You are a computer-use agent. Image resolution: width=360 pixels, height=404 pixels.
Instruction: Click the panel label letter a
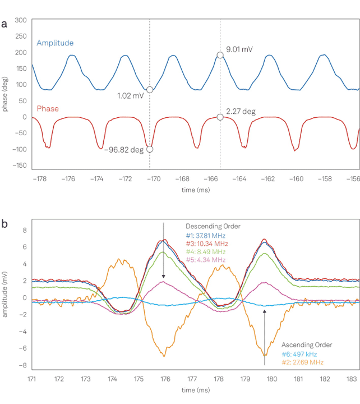point(4,24)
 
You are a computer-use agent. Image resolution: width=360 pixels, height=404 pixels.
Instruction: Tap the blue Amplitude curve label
point(55,43)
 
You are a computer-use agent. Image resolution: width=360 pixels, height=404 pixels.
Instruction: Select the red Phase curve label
point(48,108)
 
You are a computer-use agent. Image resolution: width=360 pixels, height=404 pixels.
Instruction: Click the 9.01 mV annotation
point(239,49)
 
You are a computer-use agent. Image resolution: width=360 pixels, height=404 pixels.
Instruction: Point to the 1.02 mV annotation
point(130,96)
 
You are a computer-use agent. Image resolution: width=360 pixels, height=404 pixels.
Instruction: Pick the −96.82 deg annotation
point(123,150)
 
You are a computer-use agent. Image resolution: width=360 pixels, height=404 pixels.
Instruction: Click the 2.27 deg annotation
point(241,112)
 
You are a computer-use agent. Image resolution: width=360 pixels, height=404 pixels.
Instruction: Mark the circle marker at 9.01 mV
point(220,54)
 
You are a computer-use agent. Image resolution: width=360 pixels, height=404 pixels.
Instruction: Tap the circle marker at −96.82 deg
point(150,149)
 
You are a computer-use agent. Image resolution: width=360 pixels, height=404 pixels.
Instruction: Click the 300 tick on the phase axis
point(21,20)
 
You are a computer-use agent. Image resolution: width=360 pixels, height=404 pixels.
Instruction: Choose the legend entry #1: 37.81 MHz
point(206,236)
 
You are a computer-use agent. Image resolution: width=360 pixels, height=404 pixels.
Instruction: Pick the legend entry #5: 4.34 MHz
point(206,260)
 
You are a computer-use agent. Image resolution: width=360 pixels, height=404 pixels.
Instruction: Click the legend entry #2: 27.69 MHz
point(302,362)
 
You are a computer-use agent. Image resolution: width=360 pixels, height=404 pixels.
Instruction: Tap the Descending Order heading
point(213,226)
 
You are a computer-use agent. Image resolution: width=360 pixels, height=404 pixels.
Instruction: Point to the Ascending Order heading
point(307,345)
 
